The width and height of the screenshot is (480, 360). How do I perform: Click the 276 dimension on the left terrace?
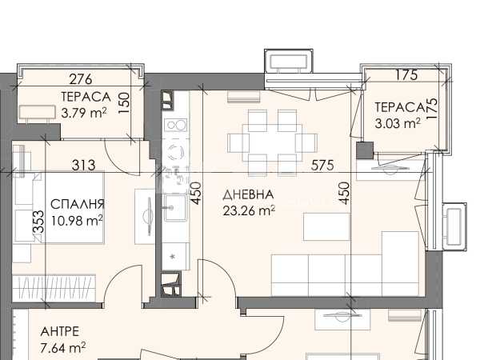click(x=81, y=79)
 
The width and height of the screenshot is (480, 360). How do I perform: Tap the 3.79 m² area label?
click(x=84, y=113)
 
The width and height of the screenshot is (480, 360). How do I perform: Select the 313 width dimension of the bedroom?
click(x=83, y=166)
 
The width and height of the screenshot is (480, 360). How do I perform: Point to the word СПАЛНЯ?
click(x=78, y=204)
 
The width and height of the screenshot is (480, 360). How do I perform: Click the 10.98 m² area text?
click(x=77, y=221)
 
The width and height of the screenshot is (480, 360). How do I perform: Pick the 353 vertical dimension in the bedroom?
click(x=39, y=222)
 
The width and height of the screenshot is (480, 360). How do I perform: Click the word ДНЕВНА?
click(x=248, y=194)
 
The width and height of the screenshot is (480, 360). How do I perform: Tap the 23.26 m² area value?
click(x=249, y=211)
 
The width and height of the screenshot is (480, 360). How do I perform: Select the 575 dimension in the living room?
click(x=322, y=166)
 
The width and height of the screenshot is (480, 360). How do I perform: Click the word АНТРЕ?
click(x=60, y=331)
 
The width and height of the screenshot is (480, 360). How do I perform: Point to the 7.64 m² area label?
click(x=63, y=348)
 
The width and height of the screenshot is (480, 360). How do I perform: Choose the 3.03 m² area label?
click(x=398, y=123)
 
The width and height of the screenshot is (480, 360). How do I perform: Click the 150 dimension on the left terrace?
click(x=124, y=103)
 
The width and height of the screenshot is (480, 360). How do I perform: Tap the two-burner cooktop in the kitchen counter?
click(x=175, y=125)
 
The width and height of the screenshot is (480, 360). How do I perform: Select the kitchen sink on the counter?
click(x=175, y=208)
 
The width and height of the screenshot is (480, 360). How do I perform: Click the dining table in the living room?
click(x=272, y=143)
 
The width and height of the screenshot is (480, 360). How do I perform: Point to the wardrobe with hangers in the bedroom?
click(x=54, y=287)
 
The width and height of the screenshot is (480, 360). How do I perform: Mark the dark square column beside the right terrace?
click(x=366, y=150)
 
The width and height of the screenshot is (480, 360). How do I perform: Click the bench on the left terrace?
click(x=38, y=112)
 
